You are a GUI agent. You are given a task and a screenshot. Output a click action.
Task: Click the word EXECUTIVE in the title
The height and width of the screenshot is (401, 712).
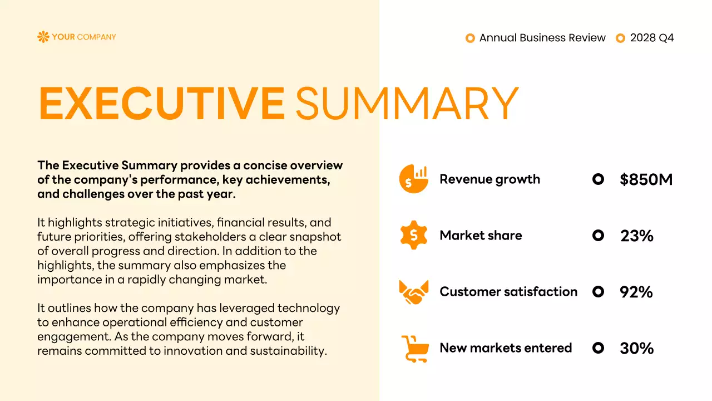pyautogui.click(x=161, y=104)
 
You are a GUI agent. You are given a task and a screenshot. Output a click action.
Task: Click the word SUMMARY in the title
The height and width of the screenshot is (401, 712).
pyautogui.click(x=406, y=104)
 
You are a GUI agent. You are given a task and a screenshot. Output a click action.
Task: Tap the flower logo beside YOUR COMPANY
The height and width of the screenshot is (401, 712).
pyautogui.click(x=43, y=37)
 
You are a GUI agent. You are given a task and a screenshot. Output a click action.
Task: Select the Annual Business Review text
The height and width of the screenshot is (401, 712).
pyautogui.click(x=542, y=38)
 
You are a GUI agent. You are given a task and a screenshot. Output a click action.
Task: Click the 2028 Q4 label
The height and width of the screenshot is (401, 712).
pyautogui.click(x=652, y=38)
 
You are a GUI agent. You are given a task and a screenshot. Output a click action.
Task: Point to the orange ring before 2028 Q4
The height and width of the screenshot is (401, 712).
pyautogui.click(x=621, y=38)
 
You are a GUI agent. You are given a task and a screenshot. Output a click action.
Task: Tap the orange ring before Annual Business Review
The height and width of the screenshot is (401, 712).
pyautogui.click(x=470, y=38)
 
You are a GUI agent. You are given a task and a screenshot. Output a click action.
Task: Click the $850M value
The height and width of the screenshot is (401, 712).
pyautogui.click(x=646, y=179)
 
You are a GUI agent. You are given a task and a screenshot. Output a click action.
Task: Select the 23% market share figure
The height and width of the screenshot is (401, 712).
pyautogui.click(x=637, y=236)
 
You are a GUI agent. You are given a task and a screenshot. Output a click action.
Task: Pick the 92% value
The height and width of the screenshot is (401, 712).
pyautogui.click(x=636, y=292)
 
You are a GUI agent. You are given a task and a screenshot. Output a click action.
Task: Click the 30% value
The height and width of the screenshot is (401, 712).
pyautogui.click(x=637, y=348)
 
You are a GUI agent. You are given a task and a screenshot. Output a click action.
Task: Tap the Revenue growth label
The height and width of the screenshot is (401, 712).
pyautogui.click(x=489, y=179)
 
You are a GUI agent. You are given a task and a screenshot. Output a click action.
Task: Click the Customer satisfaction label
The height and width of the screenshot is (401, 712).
pyautogui.click(x=508, y=292)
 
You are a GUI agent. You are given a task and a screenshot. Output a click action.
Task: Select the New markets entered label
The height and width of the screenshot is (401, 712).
pyautogui.click(x=506, y=348)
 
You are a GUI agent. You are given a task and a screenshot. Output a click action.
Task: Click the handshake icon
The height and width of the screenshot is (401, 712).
pyautogui.click(x=414, y=292)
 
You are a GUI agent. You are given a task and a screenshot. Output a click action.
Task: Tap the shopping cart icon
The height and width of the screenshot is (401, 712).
pyautogui.click(x=414, y=349)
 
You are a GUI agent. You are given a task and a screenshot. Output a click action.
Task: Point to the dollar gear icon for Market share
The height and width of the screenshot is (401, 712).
pyautogui.click(x=414, y=235)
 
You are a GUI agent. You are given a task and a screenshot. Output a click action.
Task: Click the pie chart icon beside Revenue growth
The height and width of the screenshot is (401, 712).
pyautogui.click(x=414, y=179)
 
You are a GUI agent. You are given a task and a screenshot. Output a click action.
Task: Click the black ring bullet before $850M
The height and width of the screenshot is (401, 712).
pyautogui.click(x=598, y=179)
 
